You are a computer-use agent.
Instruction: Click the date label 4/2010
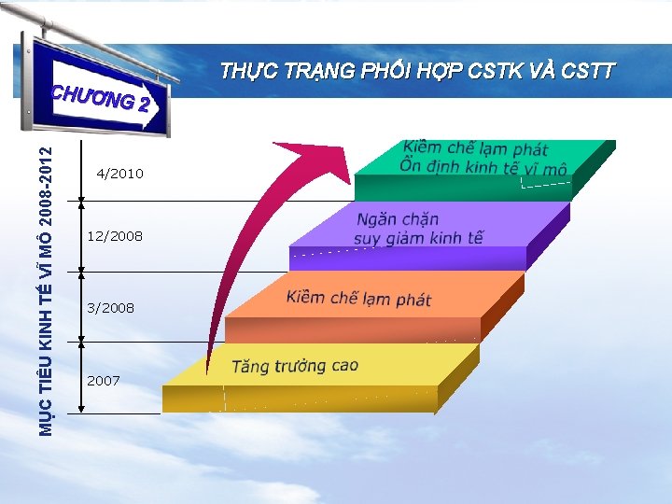click(x=120, y=174)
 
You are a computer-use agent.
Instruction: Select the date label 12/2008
click(x=115, y=236)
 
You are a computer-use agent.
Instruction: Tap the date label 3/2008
click(x=110, y=307)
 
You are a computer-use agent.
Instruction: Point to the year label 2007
click(x=103, y=380)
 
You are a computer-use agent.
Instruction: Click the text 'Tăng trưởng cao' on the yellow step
click(x=295, y=366)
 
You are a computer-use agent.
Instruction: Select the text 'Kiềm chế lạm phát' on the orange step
click(x=359, y=299)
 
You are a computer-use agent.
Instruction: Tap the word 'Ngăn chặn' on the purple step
click(x=398, y=220)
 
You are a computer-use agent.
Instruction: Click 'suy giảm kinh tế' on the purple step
click(x=418, y=238)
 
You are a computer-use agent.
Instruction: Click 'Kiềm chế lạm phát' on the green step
click(x=476, y=148)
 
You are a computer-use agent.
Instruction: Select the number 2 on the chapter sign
click(x=142, y=104)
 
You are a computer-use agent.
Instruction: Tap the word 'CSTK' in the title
click(x=488, y=71)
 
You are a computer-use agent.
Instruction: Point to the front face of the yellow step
click(x=299, y=399)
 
